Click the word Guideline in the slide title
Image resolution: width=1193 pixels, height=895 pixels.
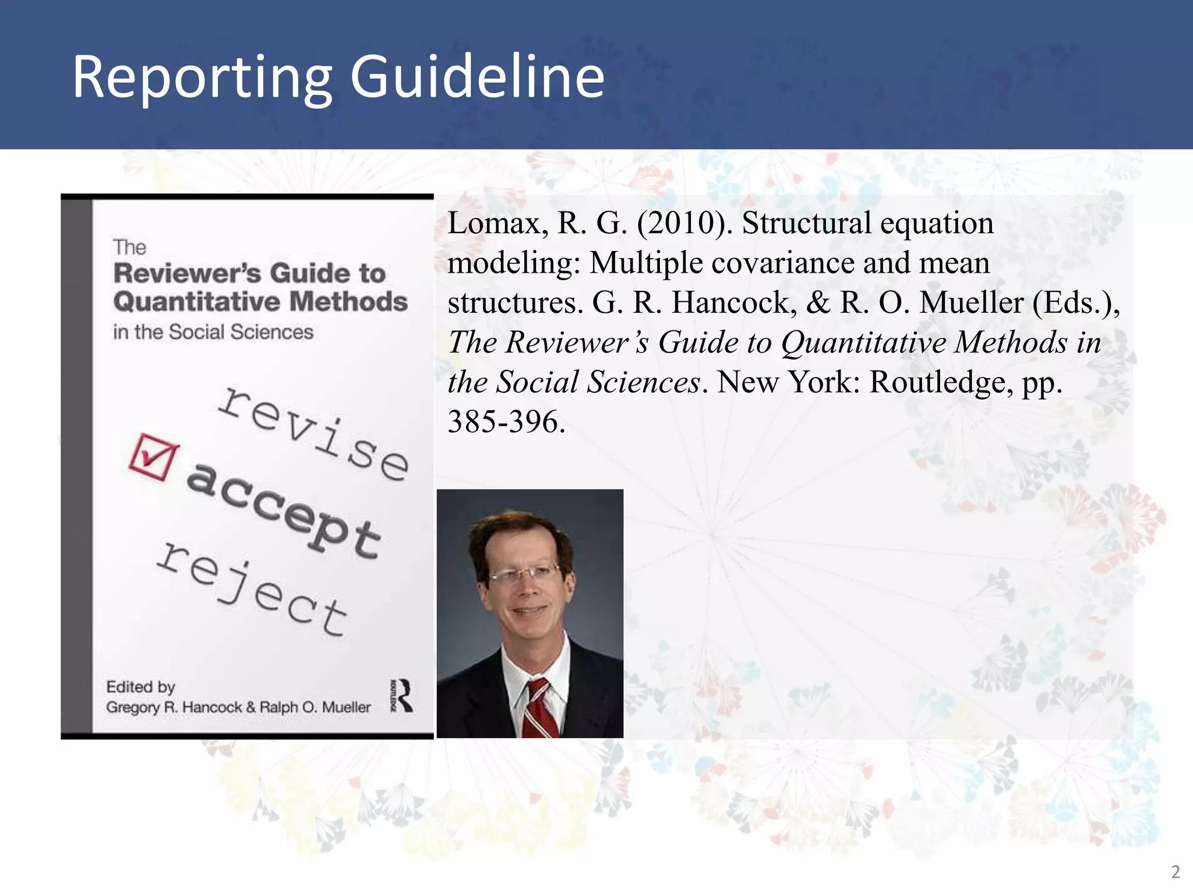coord(477,77)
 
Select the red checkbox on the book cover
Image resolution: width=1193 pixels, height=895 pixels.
coord(153,457)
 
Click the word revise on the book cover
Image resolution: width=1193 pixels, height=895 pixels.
coord(313,434)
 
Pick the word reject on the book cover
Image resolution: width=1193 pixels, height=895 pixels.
coord(252,589)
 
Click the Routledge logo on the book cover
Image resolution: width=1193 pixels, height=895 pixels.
coord(402,696)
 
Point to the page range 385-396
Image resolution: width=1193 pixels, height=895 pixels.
coord(506,421)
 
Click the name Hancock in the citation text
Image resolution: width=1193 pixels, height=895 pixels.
coord(733,303)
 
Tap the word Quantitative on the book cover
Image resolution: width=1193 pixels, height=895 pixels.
coord(196,302)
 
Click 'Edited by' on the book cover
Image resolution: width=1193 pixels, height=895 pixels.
coord(140,687)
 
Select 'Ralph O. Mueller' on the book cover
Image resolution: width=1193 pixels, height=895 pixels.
coord(315,707)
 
